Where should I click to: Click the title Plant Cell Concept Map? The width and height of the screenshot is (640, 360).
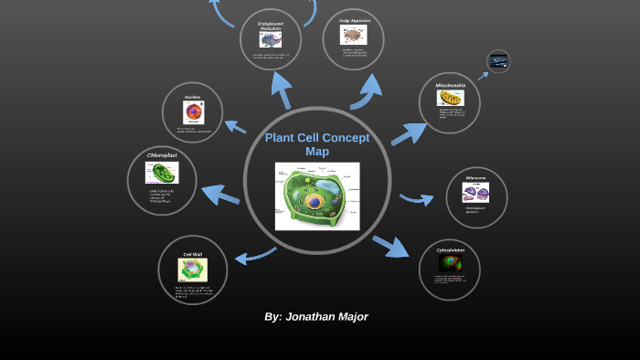click(x=317, y=144)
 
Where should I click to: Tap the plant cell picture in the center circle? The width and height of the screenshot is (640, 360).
click(x=317, y=196)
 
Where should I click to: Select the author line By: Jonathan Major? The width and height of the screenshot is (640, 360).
click(x=316, y=316)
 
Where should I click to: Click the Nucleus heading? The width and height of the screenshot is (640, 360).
click(x=192, y=97)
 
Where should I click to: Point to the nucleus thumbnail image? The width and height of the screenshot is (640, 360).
click(x=193, y=112)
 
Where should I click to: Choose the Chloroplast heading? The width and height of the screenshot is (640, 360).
click(x=162, y=155)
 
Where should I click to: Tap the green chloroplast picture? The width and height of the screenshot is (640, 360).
click(x=165, y=174)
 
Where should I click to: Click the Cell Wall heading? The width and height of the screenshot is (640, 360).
click(x=192, y=254)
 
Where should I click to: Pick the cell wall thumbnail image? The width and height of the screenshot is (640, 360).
click(x=192, y=270)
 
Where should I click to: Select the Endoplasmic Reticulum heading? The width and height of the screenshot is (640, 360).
click(x=271, y=26)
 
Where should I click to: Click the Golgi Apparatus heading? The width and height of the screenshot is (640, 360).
click(x=354, y=20)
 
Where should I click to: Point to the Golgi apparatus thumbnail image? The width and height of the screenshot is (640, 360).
click(x=354, y=36)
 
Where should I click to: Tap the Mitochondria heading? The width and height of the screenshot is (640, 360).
click(x=450, y=86)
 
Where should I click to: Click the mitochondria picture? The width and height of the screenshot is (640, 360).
click(x=450, y=98)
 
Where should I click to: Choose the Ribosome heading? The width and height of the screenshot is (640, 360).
click(x=475, y=177)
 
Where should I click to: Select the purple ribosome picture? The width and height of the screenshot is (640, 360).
click(x=475, y=192)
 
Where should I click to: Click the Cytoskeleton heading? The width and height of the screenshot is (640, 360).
click(x=450, y=249)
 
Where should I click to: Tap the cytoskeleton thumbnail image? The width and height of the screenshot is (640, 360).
click(x=450, y=263)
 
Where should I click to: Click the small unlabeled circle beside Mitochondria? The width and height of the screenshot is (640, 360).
click(x=498, y=61)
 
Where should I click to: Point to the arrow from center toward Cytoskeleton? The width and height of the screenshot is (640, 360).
click(x=390, y=245)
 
